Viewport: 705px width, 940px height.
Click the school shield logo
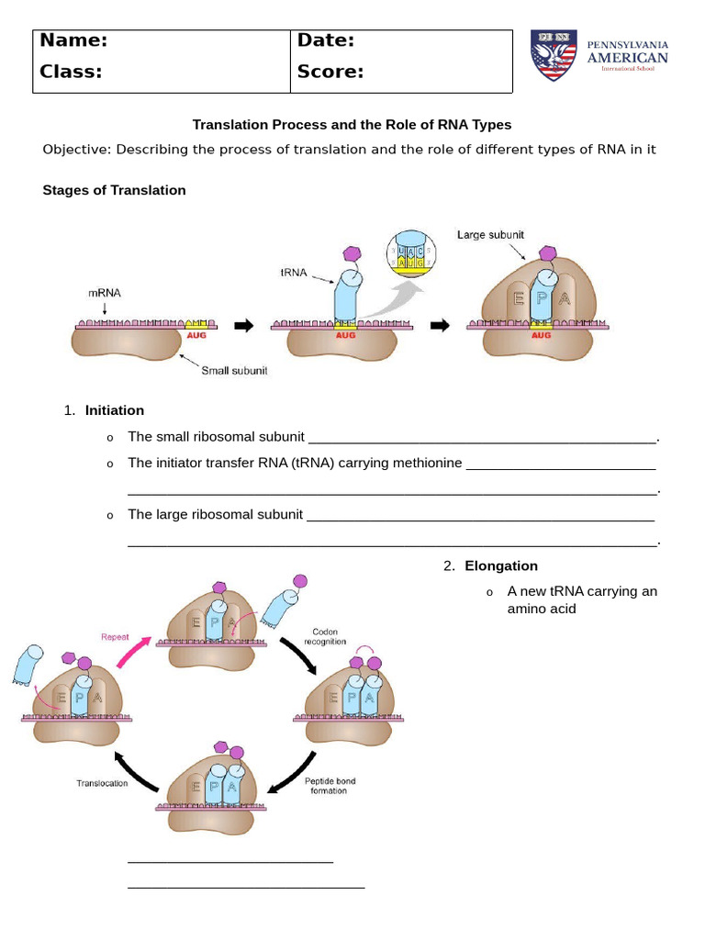554,55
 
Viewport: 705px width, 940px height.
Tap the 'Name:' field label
73,40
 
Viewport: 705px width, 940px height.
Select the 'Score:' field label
330,72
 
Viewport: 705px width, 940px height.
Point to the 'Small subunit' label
234,372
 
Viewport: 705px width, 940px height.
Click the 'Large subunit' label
490,235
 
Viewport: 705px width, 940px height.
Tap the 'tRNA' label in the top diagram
293,271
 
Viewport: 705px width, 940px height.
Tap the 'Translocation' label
102,783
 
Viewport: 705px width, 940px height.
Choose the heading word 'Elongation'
501,565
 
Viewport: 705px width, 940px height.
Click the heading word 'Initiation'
115,410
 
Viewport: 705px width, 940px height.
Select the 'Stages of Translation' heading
114,190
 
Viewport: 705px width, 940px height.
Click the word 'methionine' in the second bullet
426,463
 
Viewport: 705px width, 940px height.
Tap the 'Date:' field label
326,40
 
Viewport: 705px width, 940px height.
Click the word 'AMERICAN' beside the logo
628,58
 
